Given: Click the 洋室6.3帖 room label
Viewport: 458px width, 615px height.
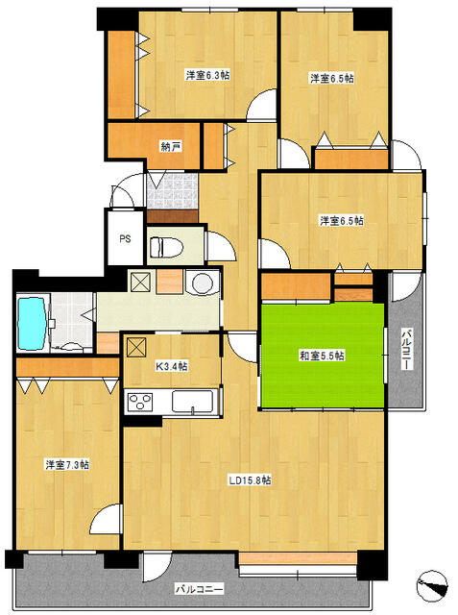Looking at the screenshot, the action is [x=207, y=75].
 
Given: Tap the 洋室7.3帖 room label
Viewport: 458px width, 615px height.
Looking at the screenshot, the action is [x=67, y=465].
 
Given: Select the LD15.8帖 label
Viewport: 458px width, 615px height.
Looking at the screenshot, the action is [x=250, y=480].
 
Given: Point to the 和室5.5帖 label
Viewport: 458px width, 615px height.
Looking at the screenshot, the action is [x=322, y=356].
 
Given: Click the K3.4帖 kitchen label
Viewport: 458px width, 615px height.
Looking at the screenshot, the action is [x=172, y=366].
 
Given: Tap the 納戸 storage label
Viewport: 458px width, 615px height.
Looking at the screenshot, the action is [x=171, y=147].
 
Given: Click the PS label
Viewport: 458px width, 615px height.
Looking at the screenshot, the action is [x=125, y=238].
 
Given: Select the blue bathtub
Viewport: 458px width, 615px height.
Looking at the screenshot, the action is [x=33, y=324].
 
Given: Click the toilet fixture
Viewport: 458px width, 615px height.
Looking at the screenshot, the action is [x=167, y=247].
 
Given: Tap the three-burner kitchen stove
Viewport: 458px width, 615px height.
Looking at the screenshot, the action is [x=140, y=402].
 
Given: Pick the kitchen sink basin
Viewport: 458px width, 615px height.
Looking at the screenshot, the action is [x=192, y=402].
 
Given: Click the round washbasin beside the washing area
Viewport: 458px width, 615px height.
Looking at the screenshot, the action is [x=203, y=283].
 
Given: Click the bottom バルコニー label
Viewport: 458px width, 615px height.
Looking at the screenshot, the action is [x=199, y=589].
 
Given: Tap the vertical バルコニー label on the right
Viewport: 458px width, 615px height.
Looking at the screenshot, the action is [x=407, y=349].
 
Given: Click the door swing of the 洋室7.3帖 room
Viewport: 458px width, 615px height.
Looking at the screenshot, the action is [x=105, y=518].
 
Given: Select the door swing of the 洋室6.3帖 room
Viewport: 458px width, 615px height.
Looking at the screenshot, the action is [x=262, y=105].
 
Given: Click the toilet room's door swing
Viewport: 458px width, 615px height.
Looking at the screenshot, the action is [x=221, y=246].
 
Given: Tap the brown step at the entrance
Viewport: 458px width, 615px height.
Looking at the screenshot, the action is [x=172, y=216].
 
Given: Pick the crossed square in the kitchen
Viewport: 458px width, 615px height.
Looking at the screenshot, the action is [x=136, y=347].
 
